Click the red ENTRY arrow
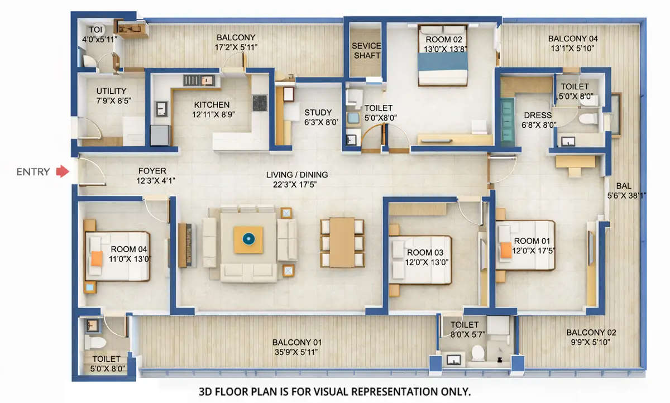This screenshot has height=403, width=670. (x=61, y=172)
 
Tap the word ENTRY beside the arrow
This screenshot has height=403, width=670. (x=33, y=172)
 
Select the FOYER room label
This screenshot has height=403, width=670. (x=152, y=171)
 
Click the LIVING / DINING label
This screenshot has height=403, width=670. (x=297, y=175)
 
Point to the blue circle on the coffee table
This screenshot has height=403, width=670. (x=248, y=239)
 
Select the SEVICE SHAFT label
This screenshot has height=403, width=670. (x=366, y=50)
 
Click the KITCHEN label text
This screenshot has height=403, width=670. (x=212, y=104)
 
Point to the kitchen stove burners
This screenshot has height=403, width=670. (x=260, y=102)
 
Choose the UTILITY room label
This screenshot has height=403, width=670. (x=111, y=91)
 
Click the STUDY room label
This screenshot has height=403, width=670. (x=318, y=112)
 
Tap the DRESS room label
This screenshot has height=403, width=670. (x=537, y=116)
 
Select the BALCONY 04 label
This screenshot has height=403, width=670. (x=573, y=39)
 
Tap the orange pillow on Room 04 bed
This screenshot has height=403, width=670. (x=97, y=258)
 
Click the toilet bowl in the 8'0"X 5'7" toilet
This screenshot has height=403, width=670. (x=478, y=353)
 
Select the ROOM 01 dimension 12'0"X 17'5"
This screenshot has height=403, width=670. (x=532, y=251)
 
